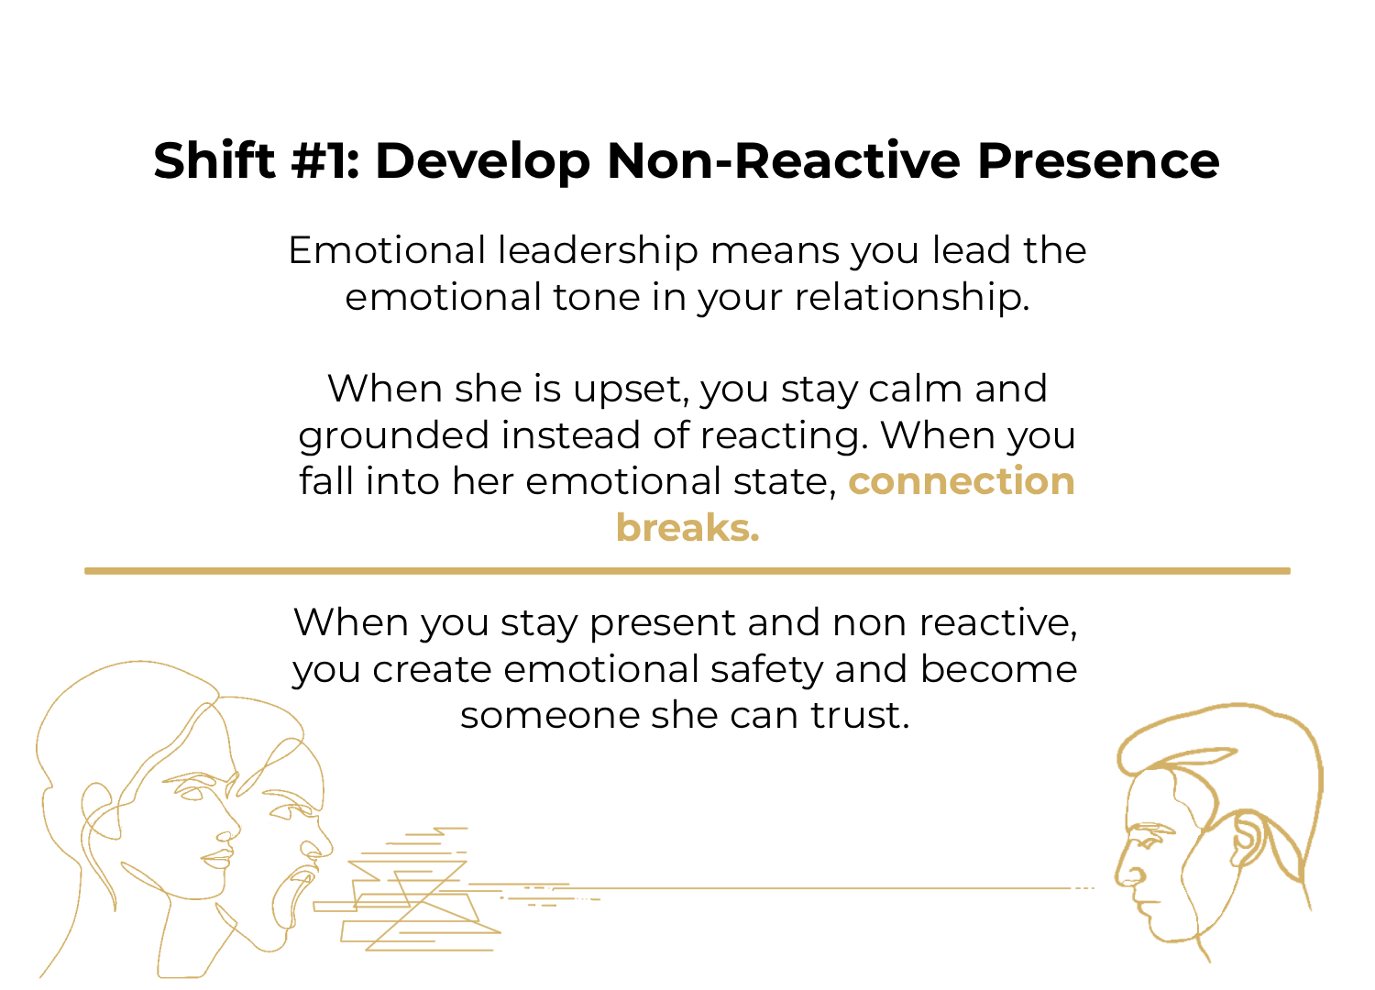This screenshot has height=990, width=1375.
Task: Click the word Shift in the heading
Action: point(214,160)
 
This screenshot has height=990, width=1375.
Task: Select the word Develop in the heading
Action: point(483,162)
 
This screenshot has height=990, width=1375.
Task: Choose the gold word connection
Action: point(962,481)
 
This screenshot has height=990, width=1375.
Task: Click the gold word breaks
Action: point(687,528)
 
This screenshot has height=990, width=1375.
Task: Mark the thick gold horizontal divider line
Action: point(687,571)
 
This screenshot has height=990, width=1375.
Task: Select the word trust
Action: point(859,715)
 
